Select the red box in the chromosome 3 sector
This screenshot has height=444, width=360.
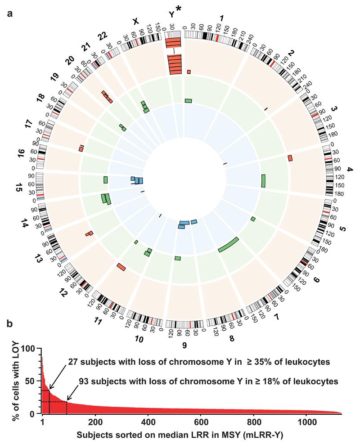(x=290, y=157)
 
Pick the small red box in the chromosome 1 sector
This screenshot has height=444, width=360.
(x=189, y=72)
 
